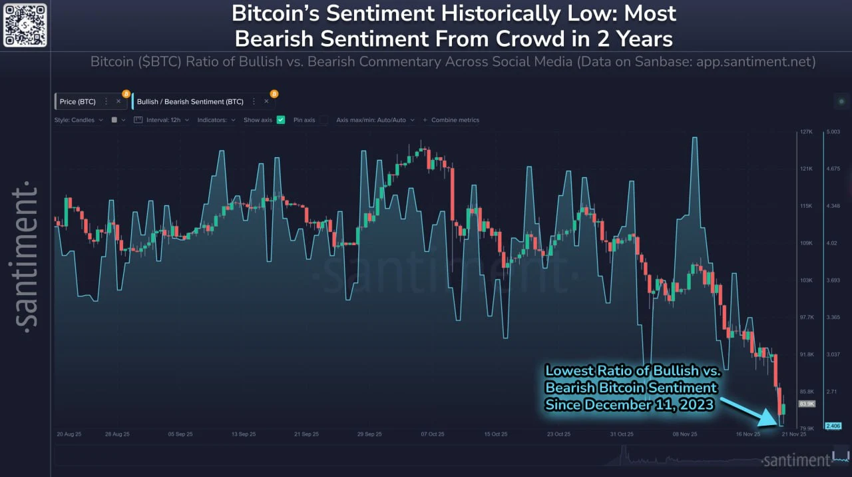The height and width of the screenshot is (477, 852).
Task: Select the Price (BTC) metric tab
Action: coord(78,101)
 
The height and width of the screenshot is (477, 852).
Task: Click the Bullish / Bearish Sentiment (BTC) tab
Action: coord(190,101)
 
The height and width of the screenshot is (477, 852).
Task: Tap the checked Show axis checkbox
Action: coord(281,120)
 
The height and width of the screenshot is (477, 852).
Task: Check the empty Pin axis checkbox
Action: coord(323,120)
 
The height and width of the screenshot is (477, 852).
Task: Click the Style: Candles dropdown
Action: coord(79,120)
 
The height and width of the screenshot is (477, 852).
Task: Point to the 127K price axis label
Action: coord(806,132)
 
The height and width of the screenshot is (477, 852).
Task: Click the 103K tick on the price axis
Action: coord(806,280)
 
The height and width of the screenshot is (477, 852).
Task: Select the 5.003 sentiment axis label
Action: coord(834,132)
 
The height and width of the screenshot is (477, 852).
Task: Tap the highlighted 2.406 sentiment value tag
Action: coord(833,426)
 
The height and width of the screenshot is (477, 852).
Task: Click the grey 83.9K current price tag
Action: coord(807,404)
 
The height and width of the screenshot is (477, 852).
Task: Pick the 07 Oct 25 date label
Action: coord(432,434)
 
